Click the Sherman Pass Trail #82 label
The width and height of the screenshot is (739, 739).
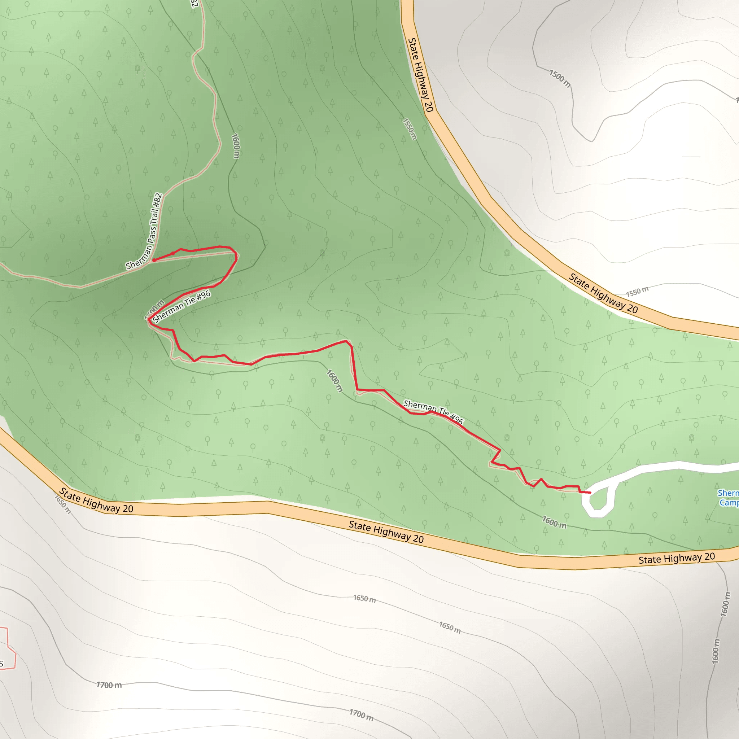click(145, 232)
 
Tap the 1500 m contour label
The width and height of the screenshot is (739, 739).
click(560, 78)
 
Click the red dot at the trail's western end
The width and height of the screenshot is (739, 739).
click(154, 260)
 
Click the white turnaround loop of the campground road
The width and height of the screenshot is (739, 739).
click(598, 502)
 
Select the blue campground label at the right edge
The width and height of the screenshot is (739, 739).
click(728, 498)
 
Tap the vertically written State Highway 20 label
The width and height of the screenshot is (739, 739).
click(420, 75)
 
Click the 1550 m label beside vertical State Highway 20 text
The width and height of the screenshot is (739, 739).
click(409, 129)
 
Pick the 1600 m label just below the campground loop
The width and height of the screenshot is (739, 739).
click(554, 522)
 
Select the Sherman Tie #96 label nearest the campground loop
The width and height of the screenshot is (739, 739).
click(433, 412)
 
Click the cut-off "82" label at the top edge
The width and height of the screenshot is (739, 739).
click(194, 4)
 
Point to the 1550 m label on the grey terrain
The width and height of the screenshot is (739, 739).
click(637, 292)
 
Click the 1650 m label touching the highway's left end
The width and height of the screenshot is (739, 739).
click(62, 504)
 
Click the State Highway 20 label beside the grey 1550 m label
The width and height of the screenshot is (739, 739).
click(603, 294)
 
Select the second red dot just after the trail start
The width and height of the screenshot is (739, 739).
click(173, 253)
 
